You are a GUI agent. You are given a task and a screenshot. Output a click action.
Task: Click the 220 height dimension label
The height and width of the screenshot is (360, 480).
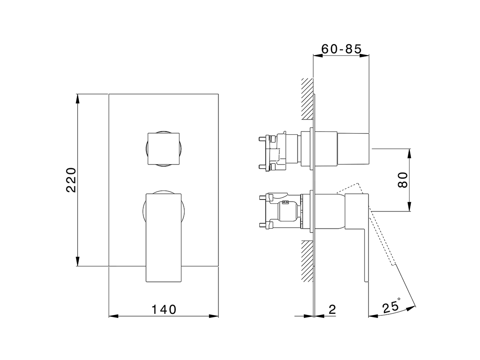71,180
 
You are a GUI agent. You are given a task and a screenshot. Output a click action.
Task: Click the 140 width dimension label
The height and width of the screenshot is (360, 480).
164,310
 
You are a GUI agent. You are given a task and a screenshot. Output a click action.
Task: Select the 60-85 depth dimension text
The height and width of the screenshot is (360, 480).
341,49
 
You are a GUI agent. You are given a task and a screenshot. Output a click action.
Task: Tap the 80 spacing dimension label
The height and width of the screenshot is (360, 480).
402,180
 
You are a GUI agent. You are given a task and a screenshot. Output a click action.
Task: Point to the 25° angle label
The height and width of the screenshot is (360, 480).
391,307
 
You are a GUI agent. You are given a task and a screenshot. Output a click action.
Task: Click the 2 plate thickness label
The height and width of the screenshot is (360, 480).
332,310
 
